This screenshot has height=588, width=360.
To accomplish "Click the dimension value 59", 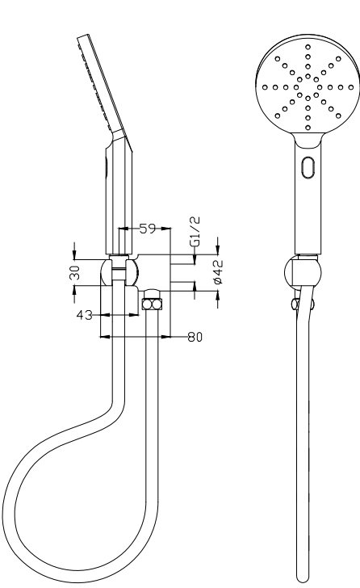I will pos(148,229).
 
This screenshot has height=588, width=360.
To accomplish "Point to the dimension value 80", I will pos(195,338).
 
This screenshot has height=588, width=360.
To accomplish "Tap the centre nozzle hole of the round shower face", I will pos(307,87).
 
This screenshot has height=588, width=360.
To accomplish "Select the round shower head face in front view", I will pos(307,87).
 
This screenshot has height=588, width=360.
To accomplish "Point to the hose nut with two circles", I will pos(152,304).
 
